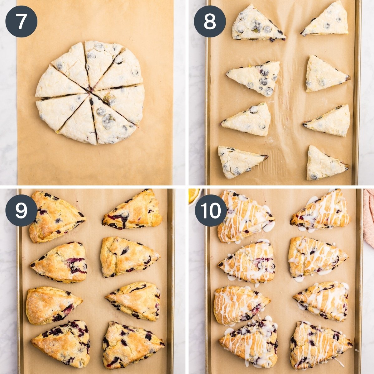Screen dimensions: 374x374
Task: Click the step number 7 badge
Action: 21,22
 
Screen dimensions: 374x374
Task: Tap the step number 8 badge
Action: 210,22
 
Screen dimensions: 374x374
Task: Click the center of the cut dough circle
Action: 90,93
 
